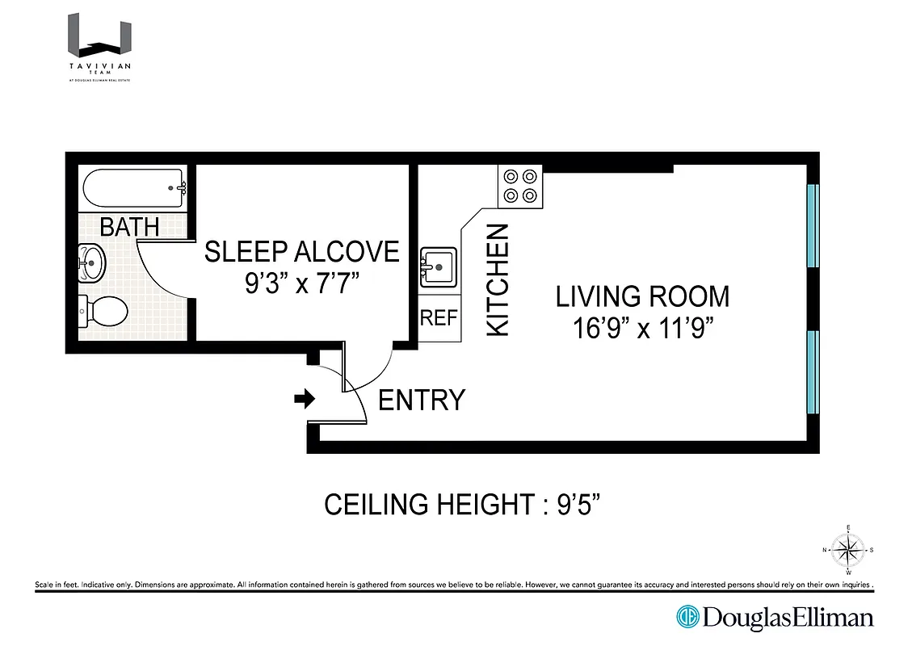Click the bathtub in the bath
134,189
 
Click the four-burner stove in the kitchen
519,186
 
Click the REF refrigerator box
439,318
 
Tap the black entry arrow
304,399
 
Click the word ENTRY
422,400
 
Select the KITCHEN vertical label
498,279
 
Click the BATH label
129,227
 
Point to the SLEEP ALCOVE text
301,252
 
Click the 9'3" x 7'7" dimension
301,285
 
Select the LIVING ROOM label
642,296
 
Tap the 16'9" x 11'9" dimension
642,329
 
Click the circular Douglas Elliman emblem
687,618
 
